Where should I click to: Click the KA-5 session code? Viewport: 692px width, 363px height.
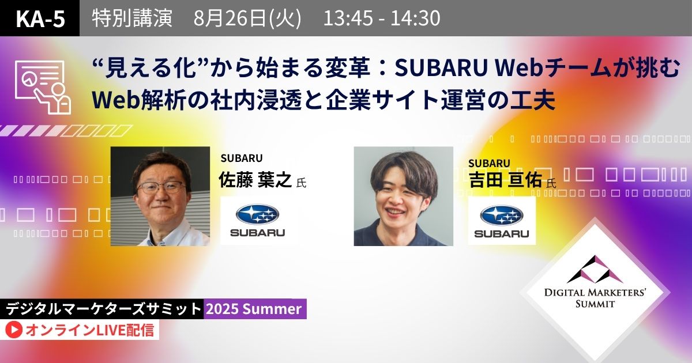(x=40, y=18)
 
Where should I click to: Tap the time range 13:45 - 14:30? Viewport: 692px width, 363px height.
(x=382, y=18)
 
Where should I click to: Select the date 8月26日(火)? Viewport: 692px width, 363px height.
(x=247, y=18)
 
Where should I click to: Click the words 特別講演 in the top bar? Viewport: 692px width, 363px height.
(x=132, y=18)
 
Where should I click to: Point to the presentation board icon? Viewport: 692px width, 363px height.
(x=43, y=88)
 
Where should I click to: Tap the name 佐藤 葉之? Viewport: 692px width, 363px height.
(x=255, y=180)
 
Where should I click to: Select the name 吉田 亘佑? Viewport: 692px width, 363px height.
(x=505, y=180)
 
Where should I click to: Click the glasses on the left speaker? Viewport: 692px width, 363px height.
(x=161, y=187)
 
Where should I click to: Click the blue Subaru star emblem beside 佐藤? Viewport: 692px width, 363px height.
(x=257, y=214)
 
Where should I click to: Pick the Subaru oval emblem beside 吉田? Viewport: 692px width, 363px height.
(x=502, y=215)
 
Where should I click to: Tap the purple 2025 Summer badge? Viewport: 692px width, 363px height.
(x=255, y=309)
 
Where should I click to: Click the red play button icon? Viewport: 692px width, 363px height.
(x=14, y=330)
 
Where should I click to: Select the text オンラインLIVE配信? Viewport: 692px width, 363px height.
(x=89, y=330)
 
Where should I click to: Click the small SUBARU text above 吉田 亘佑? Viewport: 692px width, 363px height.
(x=489, y=163)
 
